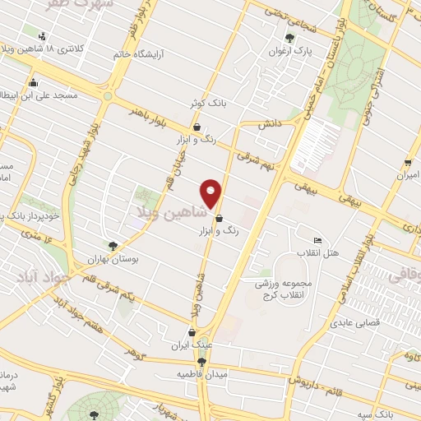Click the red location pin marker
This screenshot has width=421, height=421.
coord(212,193)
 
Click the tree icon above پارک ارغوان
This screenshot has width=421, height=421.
coord(289,37)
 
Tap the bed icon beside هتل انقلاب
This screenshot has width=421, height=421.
coord(318,239)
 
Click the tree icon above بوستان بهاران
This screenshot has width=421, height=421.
coord(113,244)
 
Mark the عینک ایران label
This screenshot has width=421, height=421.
coord(194,345)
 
